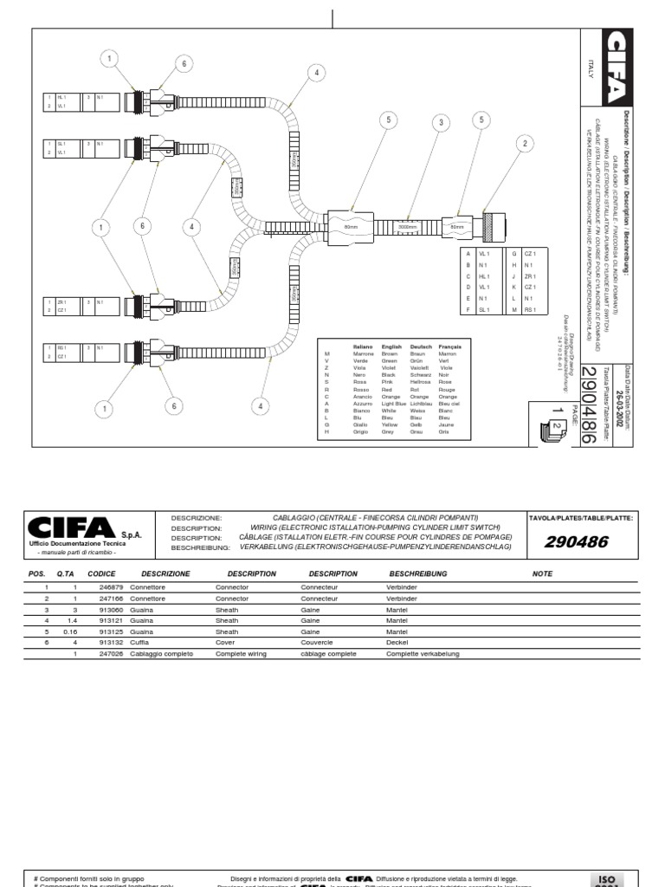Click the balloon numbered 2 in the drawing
pyautogui.click(x=522, y=144)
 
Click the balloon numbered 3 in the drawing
pyautogui.click(x=441, y=123)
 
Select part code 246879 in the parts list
pyautogui.click(x=100, y=587)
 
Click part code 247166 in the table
pyautogui.click(x=100, y=599)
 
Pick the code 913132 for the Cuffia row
pyautogui.click(x=100, y=643)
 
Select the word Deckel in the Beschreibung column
pyautogui.click(x=399, y=643)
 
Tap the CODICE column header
pyautogui.click(x=101, y=573)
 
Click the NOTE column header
pyautogui.click(x=542, y=573)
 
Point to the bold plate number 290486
pyautogui.click(x=577, y=542)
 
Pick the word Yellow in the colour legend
pyautogui.click(x=390, y=425)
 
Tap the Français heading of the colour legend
pyautogui.click(x=449, y=346)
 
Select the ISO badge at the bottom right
pyautogui.click(x=604, y=877)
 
